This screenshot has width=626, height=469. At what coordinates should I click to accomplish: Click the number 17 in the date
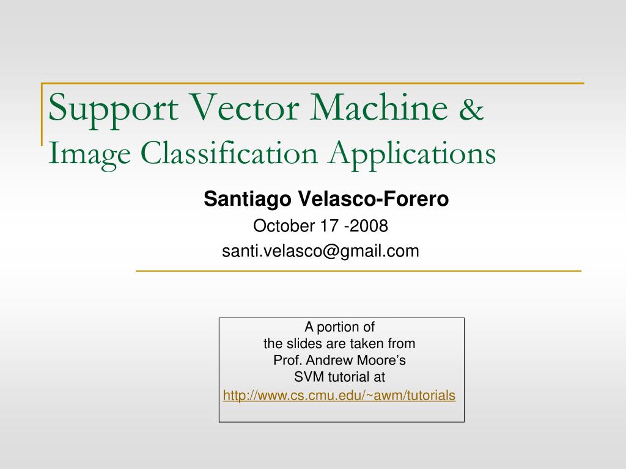point(330,226)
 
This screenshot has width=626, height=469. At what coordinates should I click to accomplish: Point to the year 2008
point(369,226)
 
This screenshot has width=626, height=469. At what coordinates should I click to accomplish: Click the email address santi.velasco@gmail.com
point(320,251)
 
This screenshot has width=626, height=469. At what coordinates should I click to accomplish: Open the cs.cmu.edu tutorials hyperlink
point(339,396)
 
